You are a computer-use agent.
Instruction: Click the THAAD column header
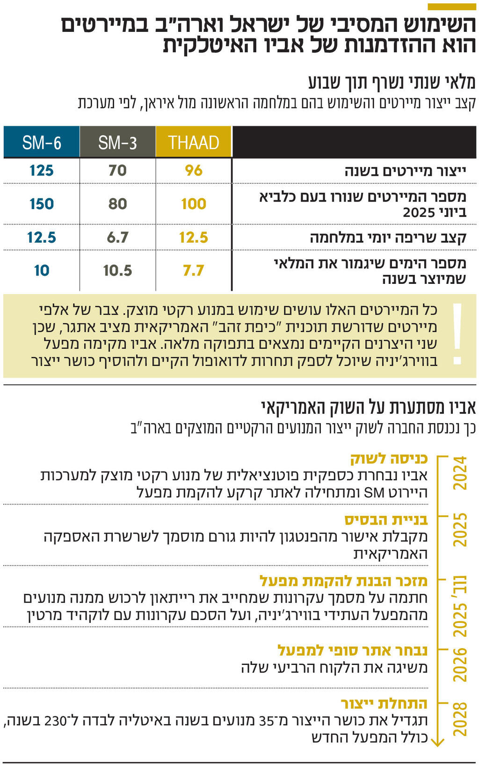point(194,142)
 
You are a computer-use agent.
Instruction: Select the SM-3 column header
point(117,142)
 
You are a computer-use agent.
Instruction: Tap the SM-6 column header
point(42,142)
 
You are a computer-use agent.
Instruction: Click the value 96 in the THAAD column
point(194,170)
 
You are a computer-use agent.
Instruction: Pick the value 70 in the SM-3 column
point(117,170)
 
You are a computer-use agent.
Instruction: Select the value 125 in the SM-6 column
point(42,170)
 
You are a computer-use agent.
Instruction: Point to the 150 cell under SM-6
point(42,204)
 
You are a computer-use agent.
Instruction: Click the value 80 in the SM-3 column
point(117,204)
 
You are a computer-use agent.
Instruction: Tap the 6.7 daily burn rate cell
point(117,238)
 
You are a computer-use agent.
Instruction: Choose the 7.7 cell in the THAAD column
point(194,270)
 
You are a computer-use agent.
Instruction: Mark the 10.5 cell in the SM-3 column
point(117,270)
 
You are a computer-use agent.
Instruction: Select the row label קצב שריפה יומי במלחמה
point(388,238)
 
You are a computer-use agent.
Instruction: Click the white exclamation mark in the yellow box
point(457,334)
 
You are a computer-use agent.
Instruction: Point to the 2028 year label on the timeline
point(460,718)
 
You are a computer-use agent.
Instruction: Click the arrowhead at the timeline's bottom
point(437,741)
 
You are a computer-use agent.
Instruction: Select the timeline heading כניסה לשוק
point(389,459)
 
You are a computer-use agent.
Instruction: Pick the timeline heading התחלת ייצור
point(384,704)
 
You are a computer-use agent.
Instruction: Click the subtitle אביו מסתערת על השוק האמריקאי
point(368,407)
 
